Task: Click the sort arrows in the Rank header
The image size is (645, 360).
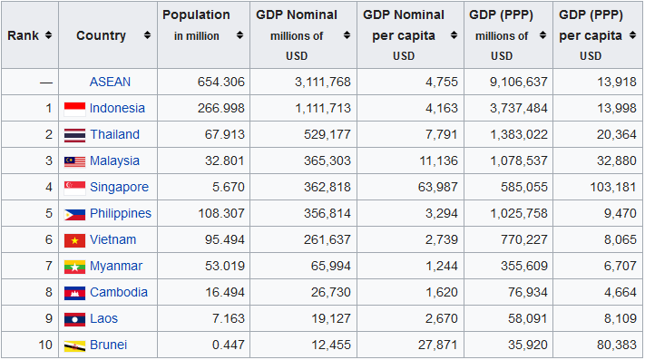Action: pos(49,35)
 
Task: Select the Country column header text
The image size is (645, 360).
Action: pos(101,35)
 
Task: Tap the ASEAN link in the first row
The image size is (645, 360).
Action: pos(110,82)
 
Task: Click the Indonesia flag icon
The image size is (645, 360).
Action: pos(75,109)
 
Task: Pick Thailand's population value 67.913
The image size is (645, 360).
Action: pos(225,134)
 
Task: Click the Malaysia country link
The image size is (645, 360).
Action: pos(114,161)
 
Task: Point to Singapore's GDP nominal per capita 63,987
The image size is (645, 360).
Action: pos(437,187)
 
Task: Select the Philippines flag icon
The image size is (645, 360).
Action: pos(75,214)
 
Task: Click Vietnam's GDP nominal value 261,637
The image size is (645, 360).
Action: pos(327,239)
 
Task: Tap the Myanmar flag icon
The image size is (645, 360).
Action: pos(75,267)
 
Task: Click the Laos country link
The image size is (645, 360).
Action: pos(103,318)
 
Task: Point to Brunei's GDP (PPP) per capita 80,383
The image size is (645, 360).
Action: pos(617,345)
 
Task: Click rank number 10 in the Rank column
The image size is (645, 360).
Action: pos(45,345)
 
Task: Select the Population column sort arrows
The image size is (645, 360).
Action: pos(239,35)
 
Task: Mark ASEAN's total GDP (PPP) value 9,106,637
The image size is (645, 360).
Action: pos(518,82)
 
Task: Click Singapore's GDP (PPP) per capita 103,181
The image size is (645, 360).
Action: pos(613,187)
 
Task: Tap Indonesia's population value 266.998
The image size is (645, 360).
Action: pos(221,108)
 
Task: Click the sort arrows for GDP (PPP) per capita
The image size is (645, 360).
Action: pos(632,35)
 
